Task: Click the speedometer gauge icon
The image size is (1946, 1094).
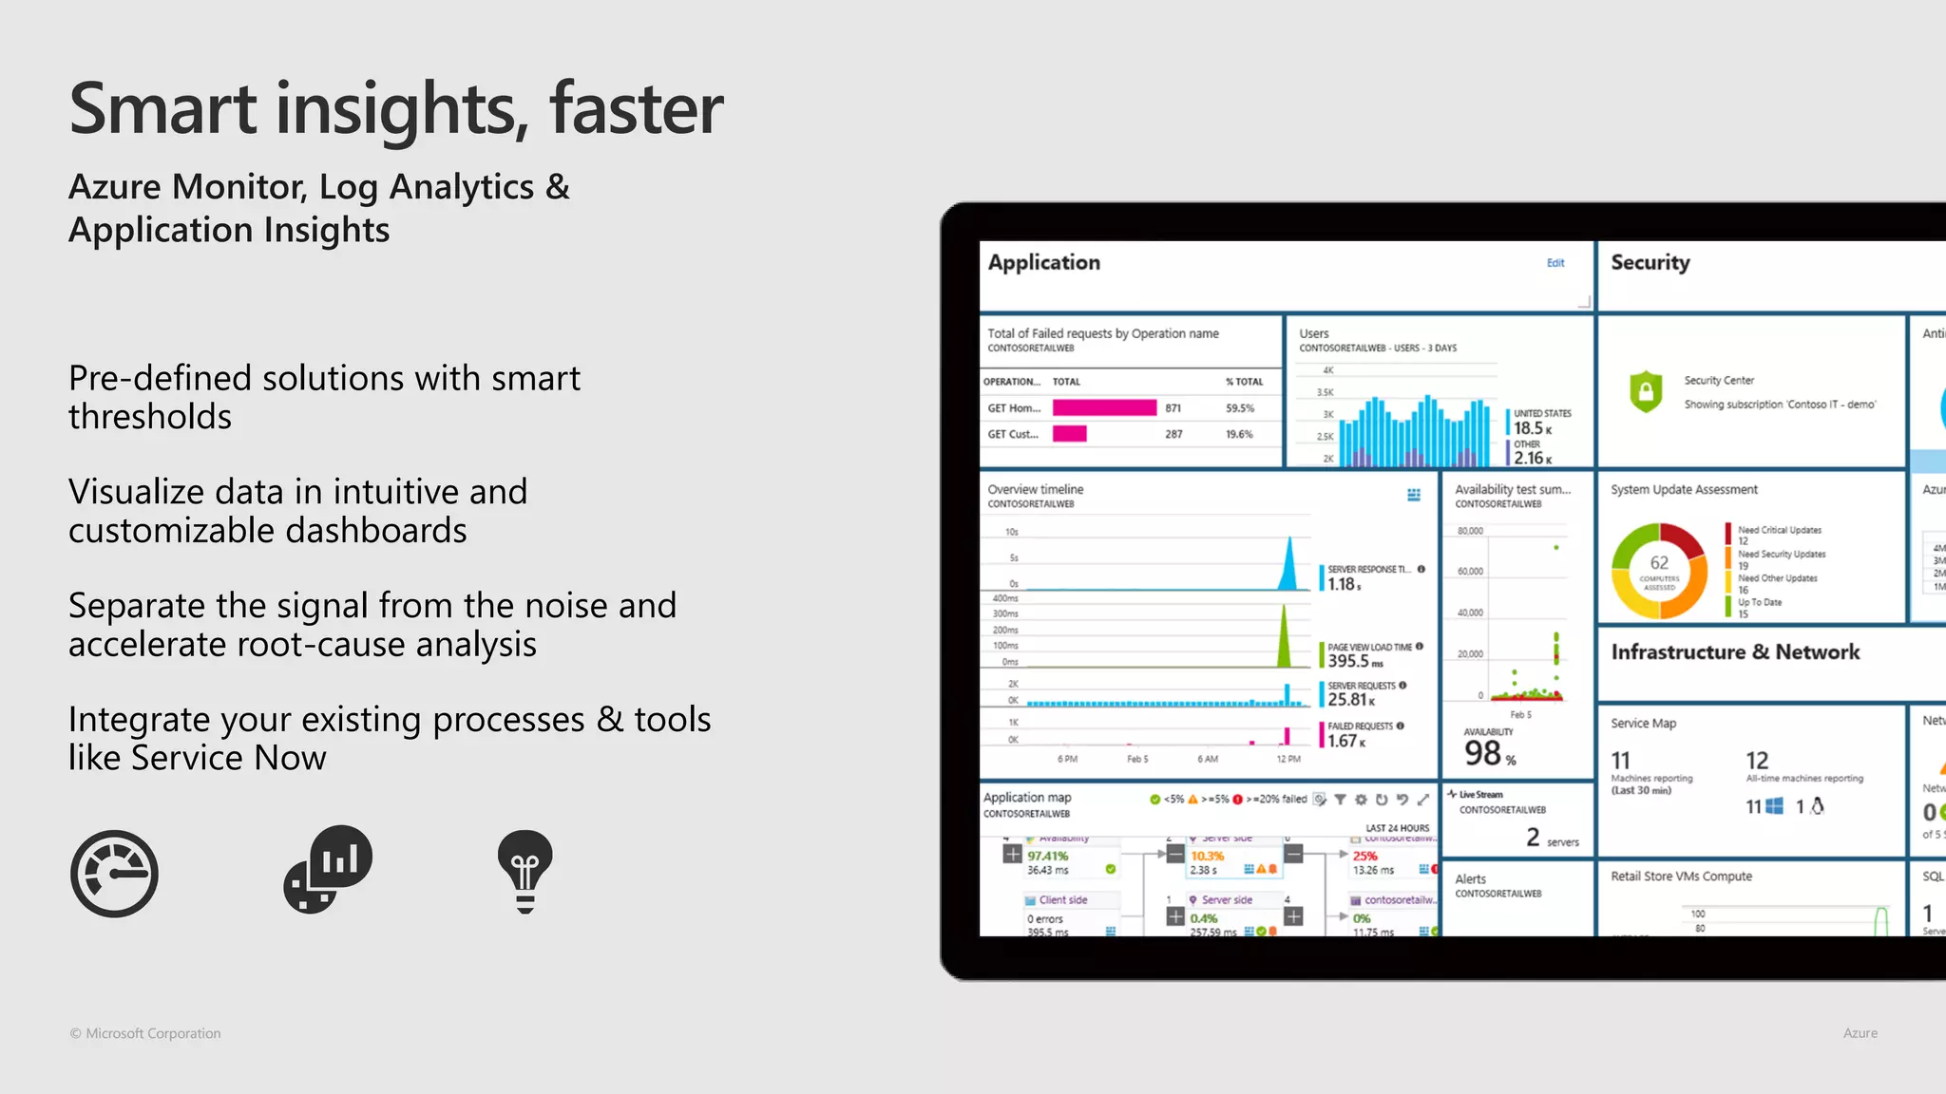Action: click(x=114, y=874)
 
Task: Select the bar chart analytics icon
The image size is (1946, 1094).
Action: click(x=329, y=868)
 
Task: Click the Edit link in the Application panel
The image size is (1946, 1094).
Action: click(x=1555, y=263)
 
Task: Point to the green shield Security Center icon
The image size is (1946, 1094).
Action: click(x=1646, y=391)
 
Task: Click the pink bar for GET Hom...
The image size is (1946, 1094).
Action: click(x=1104, y=407)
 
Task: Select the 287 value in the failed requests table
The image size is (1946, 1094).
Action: click(x=1173, y=434)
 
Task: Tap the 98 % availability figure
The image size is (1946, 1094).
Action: click(x=1489, y=754)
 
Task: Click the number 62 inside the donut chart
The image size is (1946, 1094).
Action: click(x=1659, y=563)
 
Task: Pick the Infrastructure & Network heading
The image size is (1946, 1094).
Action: click(x=1735, y=652)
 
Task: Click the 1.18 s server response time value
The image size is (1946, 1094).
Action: click(x=1344, y=585)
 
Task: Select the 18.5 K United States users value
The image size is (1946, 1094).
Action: click(x=1533, y=428)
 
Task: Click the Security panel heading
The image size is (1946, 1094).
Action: click(x=1650, y=263)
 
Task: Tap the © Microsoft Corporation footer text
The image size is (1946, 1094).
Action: click(x=145, y=1033)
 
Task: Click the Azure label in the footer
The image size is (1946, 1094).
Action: click(x=1860, y=1033)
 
